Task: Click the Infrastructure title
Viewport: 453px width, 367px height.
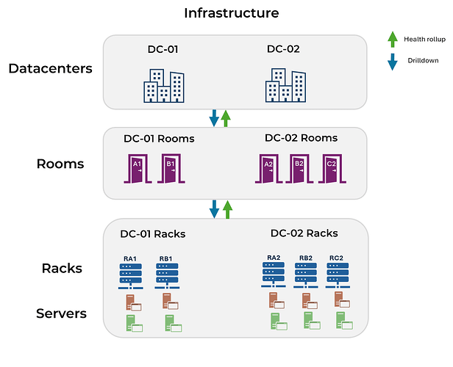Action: tap(232, 12)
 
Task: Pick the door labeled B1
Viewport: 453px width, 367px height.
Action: tap(170, 168)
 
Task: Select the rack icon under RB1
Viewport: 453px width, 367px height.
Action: tap(166, 274)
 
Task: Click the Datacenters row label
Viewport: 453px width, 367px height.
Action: tap(51, 69)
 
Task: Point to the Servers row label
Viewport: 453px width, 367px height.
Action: tap(61, 314)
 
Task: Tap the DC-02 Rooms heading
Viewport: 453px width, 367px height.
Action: tap(301, 138)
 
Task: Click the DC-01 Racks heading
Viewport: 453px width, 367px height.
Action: tap(153, 234)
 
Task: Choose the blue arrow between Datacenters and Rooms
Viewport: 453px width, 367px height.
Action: tap(214, 117)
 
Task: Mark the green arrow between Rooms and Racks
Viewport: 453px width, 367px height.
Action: tap(227, 209)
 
